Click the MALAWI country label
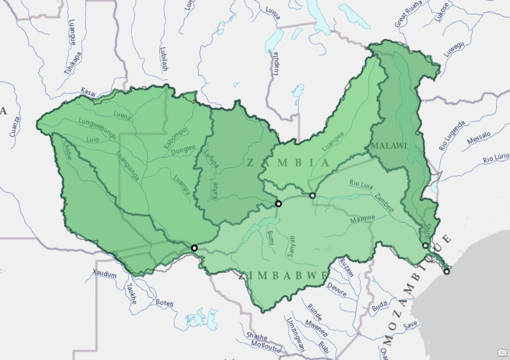[389, 146]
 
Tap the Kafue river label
[215, 190]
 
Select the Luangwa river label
[333, 142]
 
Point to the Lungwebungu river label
[97, 129]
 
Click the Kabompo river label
[175, 138]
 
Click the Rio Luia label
[361, 184]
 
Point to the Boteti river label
[164, 303]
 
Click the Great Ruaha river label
[408, 14]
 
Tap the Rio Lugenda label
[452, 135]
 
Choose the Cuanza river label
[15, 126]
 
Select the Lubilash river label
[164, 59]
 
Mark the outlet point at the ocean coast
[447, 272]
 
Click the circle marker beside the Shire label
[426, 246]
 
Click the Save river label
[410, 325]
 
